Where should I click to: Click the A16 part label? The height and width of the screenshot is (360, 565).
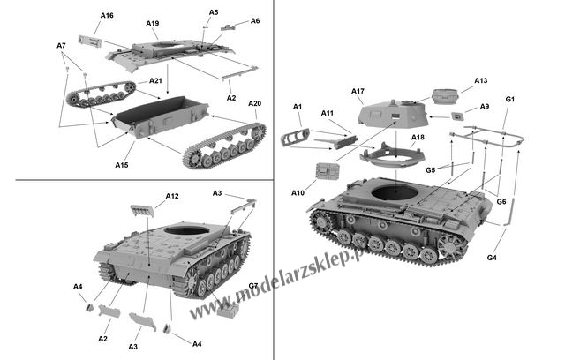point(107,16)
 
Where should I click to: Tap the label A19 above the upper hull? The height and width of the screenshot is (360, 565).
point(153,24)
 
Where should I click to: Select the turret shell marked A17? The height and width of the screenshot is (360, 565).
point(394,115)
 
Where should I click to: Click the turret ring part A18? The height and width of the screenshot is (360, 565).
point(392,154)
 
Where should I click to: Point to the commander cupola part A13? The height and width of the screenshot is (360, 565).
point(445,96)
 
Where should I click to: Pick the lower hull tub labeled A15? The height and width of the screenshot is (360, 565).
point(161,116)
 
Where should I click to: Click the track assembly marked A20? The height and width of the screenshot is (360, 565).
point(225,146)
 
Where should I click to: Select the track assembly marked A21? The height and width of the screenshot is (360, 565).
point(102,94)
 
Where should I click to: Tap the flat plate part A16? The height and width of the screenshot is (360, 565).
point(90,41)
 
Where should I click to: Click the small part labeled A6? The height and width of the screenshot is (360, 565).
point(228,27)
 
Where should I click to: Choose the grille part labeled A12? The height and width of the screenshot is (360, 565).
point(142,211)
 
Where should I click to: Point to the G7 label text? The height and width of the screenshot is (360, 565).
point(253,286)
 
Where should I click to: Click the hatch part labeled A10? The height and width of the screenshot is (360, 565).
point(328,170)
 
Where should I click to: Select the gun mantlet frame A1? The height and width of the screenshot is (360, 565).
point(295,137)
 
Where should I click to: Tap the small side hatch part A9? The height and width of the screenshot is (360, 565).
point(457,116)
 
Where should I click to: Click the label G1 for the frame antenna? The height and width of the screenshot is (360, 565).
point(510,100)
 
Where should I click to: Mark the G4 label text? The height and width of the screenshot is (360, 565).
point(492,258)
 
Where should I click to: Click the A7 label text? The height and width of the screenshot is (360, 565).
point(61,46)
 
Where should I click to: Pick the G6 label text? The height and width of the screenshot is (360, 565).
point(501,201)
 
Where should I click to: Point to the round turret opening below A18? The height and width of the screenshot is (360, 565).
point(395,192)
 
